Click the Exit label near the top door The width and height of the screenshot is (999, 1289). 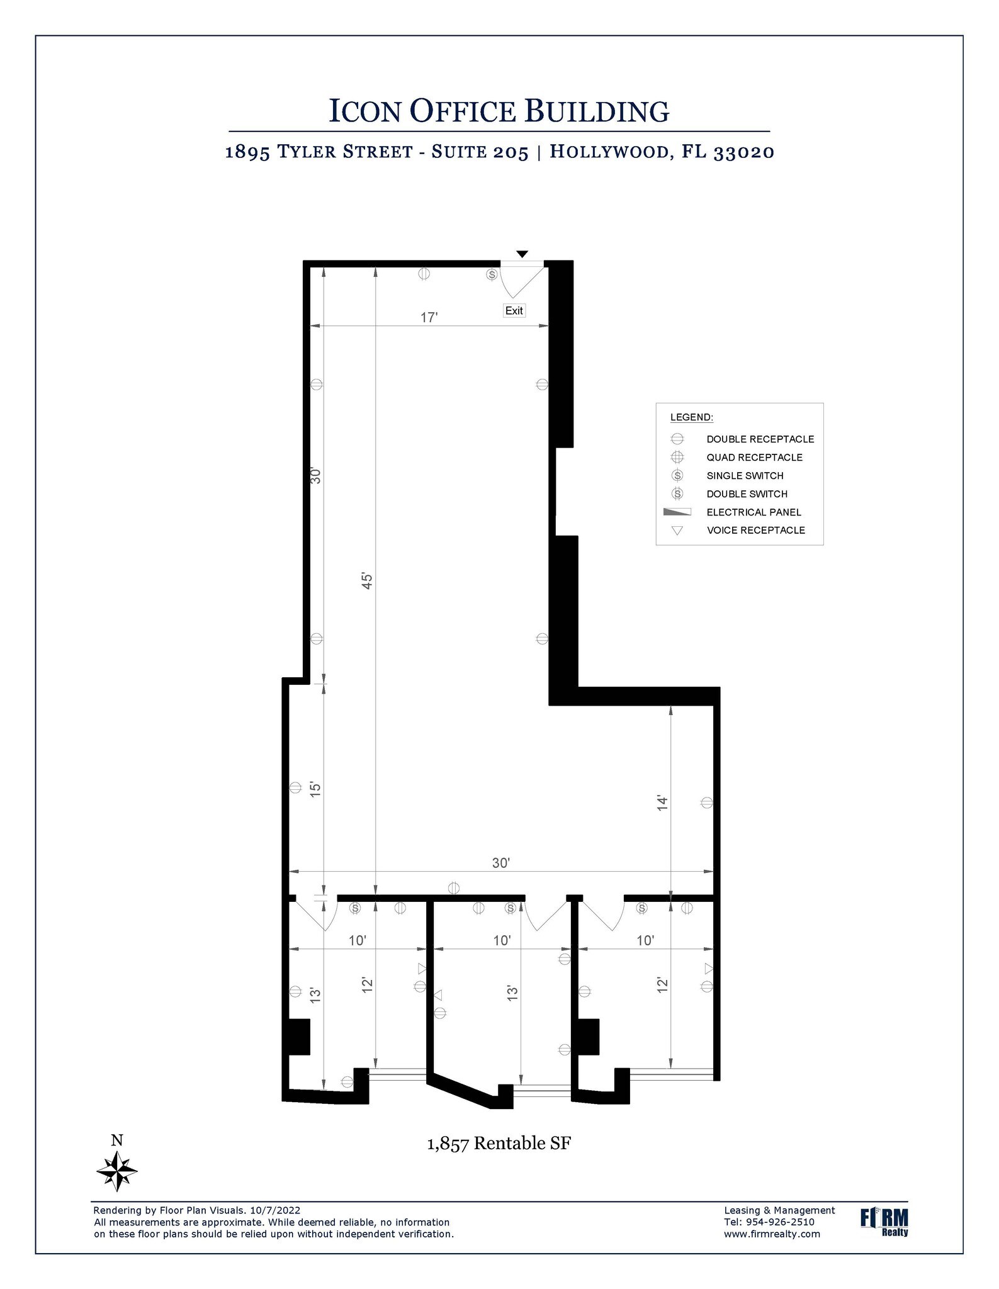pyautogui.click(x=514, y=310)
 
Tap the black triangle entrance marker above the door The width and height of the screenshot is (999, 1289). pyautogui.click(x=522, y=254)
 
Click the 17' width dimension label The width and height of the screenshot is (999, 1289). pyautogui.click(x=429, y=317)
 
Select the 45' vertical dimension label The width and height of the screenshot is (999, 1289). pyautogui.click(x=368, y=580)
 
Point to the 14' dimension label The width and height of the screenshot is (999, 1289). pyautogui.click(x=662, y=802)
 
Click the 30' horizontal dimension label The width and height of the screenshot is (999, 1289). pyautogui.click(x=500, y=863)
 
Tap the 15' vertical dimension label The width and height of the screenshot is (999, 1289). pyautogui.click(x=316, y=789)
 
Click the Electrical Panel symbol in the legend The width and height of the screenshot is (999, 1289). pyautogui.click(x=677, y=512)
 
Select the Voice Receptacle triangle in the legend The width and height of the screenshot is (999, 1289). pyautogui.click(x=677, y=531)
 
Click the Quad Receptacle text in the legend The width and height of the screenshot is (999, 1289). pyautogui.click(x=754, y=458)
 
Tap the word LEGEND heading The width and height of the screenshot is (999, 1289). pyautogui.click(x=691, y=417)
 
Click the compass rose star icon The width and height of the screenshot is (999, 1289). pyautogui.click(x=117, y=1171)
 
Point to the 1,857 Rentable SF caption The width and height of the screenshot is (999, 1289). pyautogui.click(x=499, y=1143)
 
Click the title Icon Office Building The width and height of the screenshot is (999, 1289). pyautogui.click(x=499, y=111)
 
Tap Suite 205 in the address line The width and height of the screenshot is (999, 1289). pyautogui.click(x=480, y=152)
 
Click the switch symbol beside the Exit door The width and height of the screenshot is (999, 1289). pyautogui.click(x=492, y=274)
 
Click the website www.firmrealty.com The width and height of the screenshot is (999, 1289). pyautogui.click(x=772, y=1234)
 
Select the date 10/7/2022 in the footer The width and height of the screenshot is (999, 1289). pyautogui.click(x=275, y=1210)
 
